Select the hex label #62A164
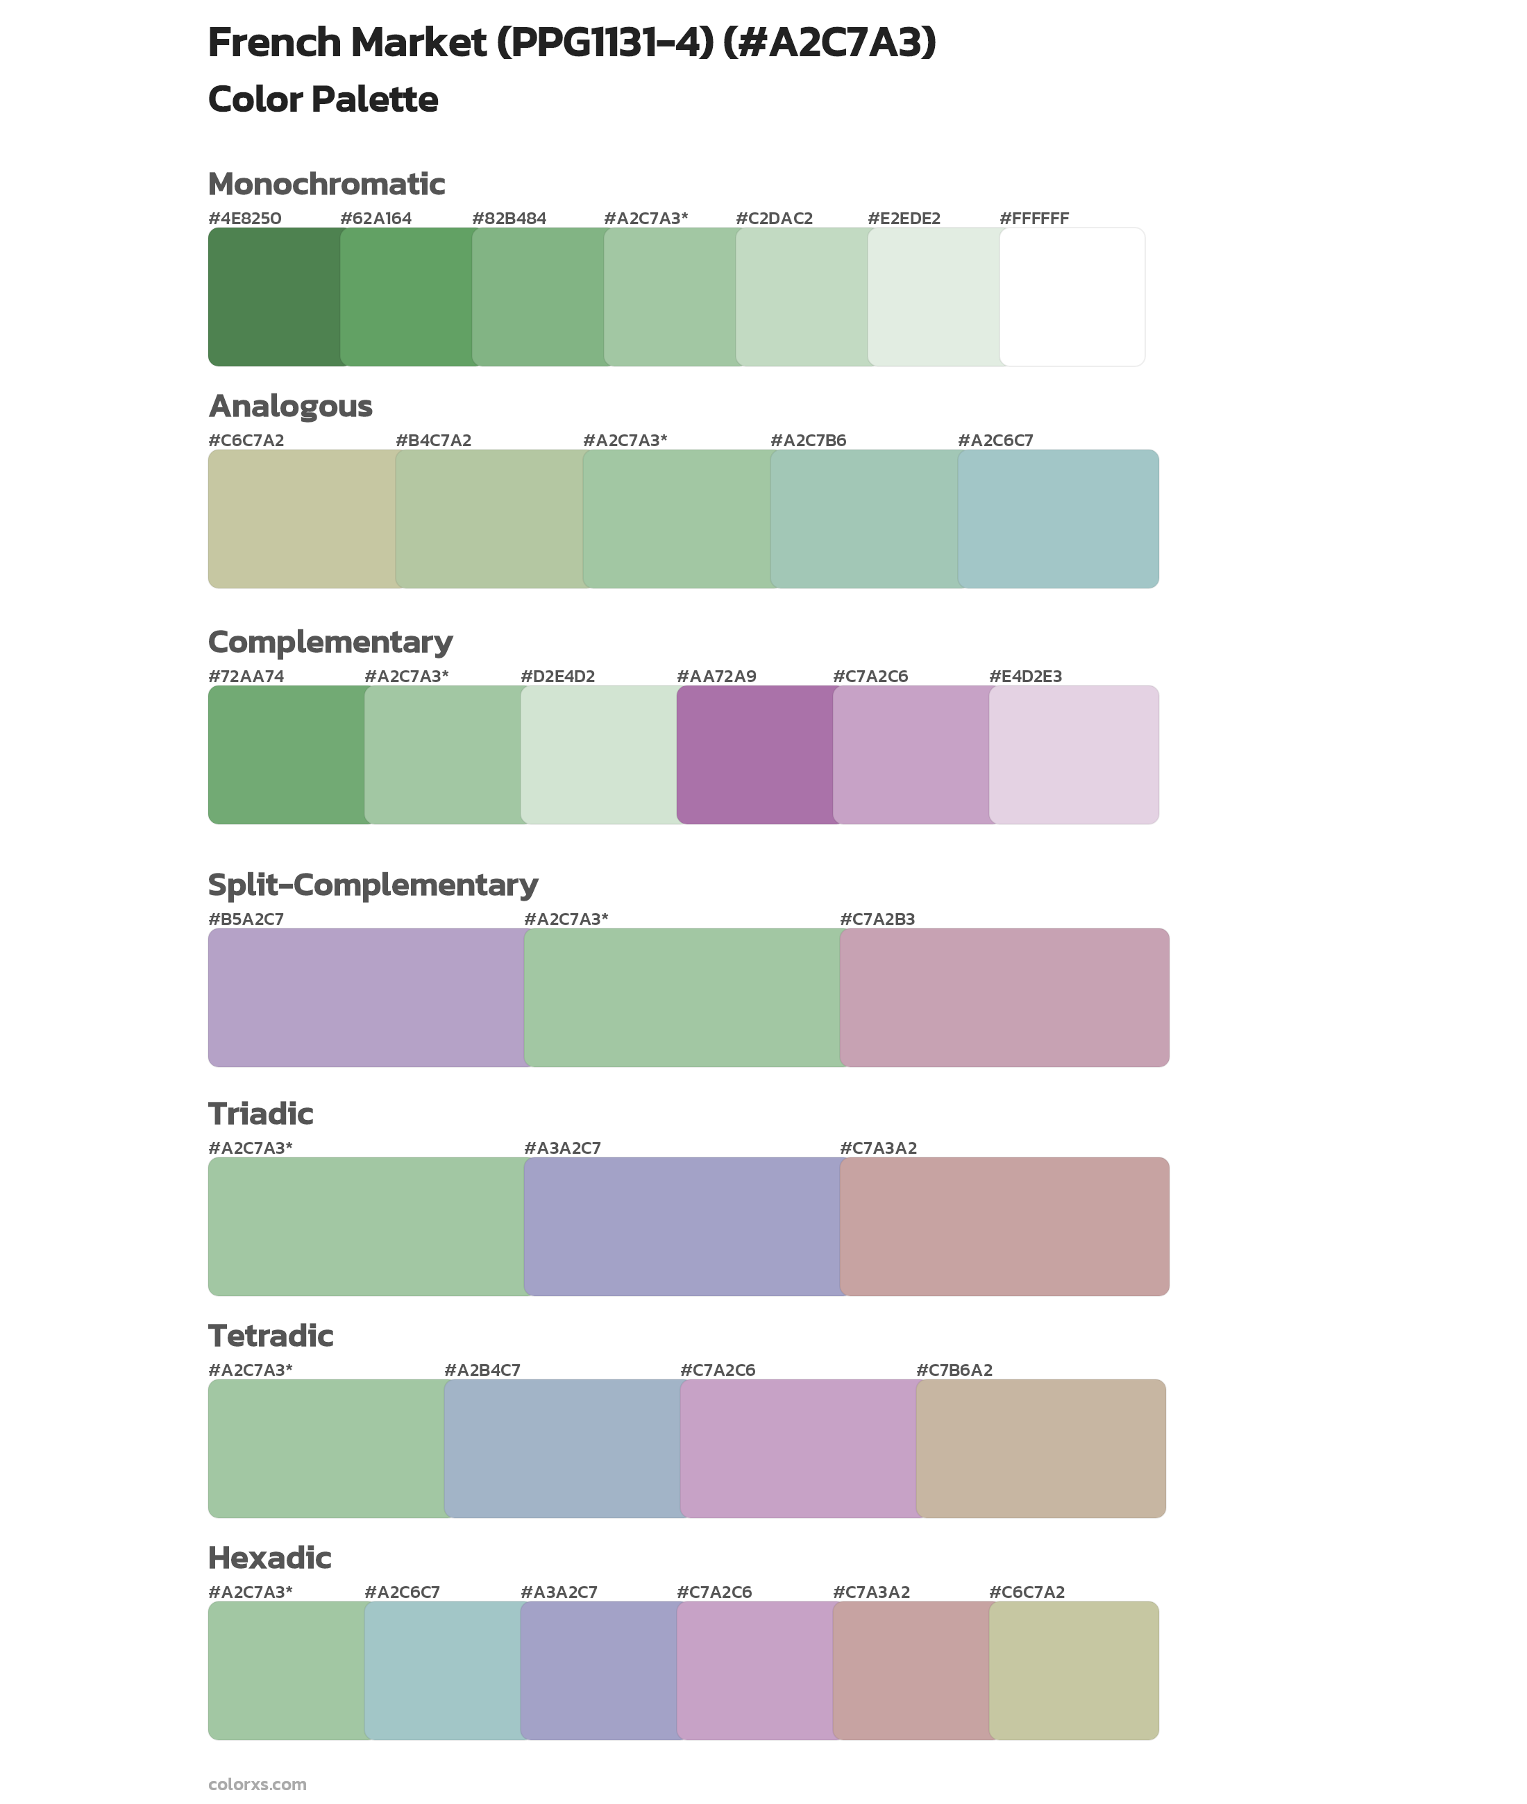click(x=376, y=218)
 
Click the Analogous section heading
click(x=290, y=406)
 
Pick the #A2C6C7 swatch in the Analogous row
click(x=1058, y=518)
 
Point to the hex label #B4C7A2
click(x=433, y=441)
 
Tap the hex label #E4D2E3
click(x=1025, y=676)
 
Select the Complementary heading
click(x=330, y=642)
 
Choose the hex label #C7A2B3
click(x=877, y=919)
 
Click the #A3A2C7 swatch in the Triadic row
click(x=682, y=1226)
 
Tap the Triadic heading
click(x=260, y=1114)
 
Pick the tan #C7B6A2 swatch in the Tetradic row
click(x=1040, y=1447)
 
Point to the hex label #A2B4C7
click(x=482, y=1370)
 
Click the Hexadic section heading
click(x=269, y=1558)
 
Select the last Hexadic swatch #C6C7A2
click(x=1073, y=1670)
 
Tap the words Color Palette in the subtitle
click(x=323, y=99)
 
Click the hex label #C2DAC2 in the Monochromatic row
click(x=774, y=218)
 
